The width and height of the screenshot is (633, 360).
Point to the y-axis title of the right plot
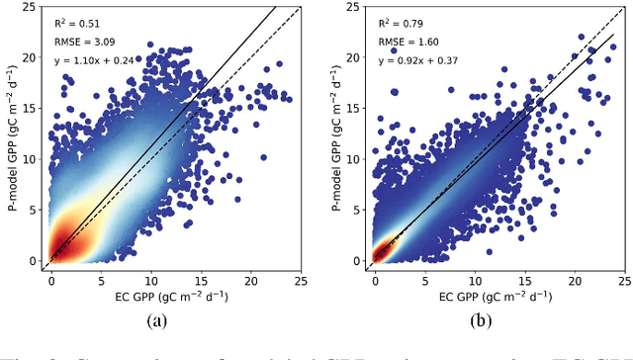[x=332, y=138]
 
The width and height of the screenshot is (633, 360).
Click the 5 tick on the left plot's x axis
[x=102, y=280]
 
